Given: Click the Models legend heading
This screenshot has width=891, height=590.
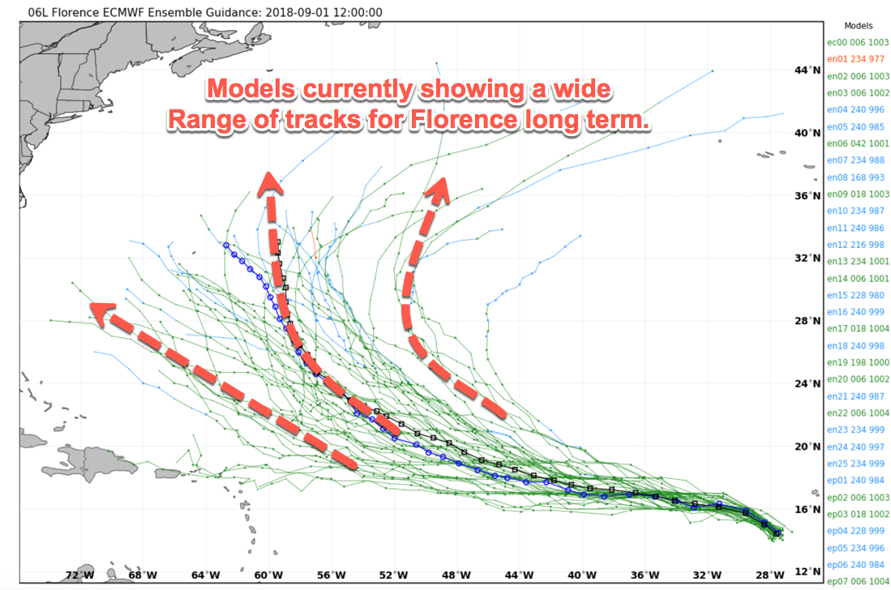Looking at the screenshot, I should (859, 25).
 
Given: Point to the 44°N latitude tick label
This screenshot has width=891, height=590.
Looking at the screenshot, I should (807, 71).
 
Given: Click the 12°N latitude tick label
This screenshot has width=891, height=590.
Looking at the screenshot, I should (807, 571).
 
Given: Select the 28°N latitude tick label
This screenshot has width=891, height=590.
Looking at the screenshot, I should (807, 321).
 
